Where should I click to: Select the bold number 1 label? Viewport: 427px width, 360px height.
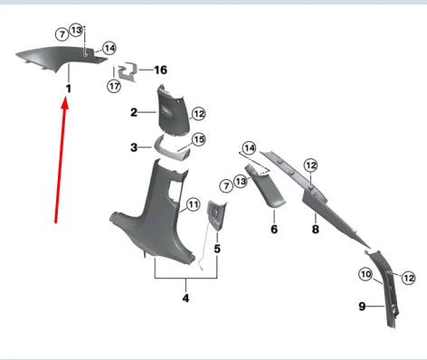(69, 89)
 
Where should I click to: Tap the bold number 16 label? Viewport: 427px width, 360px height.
(160, 70)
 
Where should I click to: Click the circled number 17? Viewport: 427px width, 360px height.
(114, 87)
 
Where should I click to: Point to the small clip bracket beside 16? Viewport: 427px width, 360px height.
(128, 71)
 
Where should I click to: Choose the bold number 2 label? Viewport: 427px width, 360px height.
(134, 112)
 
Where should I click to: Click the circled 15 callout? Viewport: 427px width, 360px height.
(198, 139)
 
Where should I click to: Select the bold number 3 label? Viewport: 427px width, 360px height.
(134, 147)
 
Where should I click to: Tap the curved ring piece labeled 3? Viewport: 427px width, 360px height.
(171, 148)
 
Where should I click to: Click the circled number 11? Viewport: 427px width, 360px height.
(193, 204)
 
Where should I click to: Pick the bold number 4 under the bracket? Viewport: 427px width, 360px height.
(185, 298)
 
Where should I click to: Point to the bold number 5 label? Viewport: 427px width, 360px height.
(217, 249)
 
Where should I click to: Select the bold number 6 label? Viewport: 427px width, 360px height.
(274, 229)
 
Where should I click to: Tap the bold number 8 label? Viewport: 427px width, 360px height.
(315, 229)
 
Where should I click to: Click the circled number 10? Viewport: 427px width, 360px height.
(365, 274)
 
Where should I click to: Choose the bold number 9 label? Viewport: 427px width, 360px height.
(362, 307)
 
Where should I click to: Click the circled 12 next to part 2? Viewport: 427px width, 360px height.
(198, 114)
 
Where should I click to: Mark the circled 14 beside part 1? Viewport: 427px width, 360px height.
(109, 48)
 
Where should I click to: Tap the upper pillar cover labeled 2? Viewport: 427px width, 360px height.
(173, 111)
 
